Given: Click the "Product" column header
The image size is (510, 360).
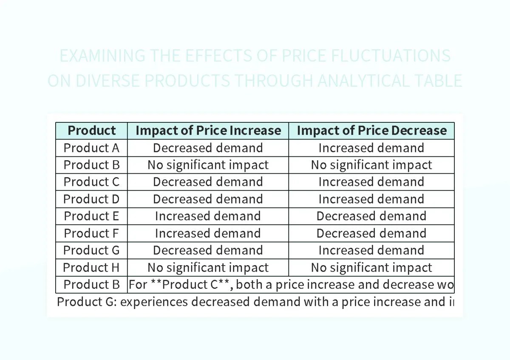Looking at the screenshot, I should [91, 130].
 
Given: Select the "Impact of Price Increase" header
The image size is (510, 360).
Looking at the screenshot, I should [208, 130].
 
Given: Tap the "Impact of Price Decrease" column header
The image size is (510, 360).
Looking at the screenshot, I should [371, 130].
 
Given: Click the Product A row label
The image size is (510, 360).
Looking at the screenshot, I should [91, 148].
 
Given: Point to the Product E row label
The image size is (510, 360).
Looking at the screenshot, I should [91, 216].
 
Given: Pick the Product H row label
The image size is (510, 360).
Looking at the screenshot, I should [91, 268].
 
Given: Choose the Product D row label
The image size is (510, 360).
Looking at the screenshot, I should [91, 199].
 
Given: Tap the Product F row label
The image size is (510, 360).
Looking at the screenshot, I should [91, 233].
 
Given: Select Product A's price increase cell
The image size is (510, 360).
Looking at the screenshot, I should [208, 148].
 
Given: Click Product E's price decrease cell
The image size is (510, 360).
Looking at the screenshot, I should [371, 216].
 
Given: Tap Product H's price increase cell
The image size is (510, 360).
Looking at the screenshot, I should [208, 268].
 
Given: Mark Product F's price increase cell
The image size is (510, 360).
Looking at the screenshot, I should [208, 233].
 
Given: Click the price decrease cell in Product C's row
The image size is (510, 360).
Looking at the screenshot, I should [371, 182].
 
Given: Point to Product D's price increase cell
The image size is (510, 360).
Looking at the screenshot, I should [208, 199].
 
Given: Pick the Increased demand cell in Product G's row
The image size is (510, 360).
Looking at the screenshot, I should [371, 250].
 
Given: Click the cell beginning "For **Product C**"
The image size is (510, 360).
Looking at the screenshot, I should [291, 285].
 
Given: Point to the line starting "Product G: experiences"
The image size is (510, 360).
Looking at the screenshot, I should [255, 302].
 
